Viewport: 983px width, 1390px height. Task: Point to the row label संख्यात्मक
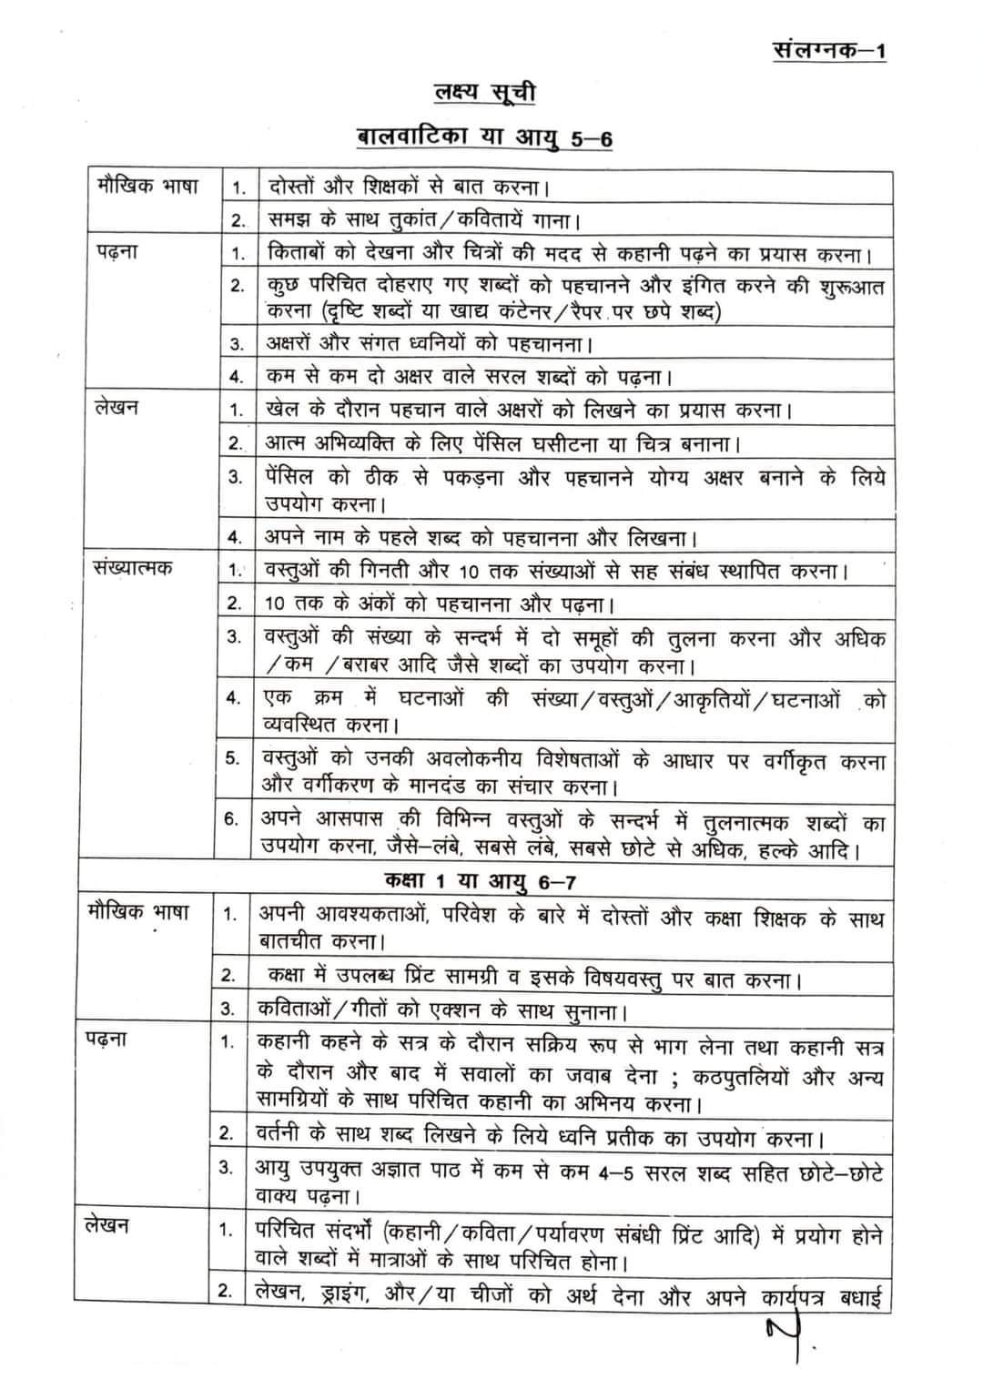132,568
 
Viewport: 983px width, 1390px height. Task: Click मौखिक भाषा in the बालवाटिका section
147,187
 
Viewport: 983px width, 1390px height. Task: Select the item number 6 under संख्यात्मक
232,818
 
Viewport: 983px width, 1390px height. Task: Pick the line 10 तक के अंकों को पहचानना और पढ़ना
439,604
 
